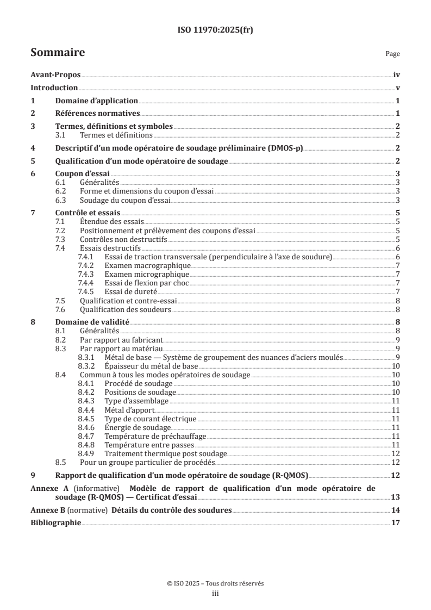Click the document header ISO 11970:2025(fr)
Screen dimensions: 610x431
coord(215,30)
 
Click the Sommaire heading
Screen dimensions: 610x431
coord(57,53)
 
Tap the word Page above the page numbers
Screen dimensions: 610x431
coord(392,54)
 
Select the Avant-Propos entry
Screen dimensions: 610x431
coord(55,76)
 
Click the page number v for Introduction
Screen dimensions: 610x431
coord(398,88)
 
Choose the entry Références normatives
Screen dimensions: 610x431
coord(98,113)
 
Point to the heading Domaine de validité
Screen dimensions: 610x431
coord(92,322)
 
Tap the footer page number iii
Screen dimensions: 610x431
coord(215,594)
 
